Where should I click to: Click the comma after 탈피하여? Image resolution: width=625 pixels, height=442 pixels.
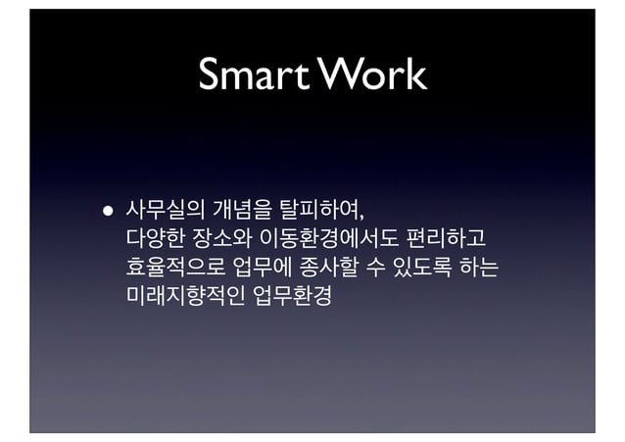click(365, 215)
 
